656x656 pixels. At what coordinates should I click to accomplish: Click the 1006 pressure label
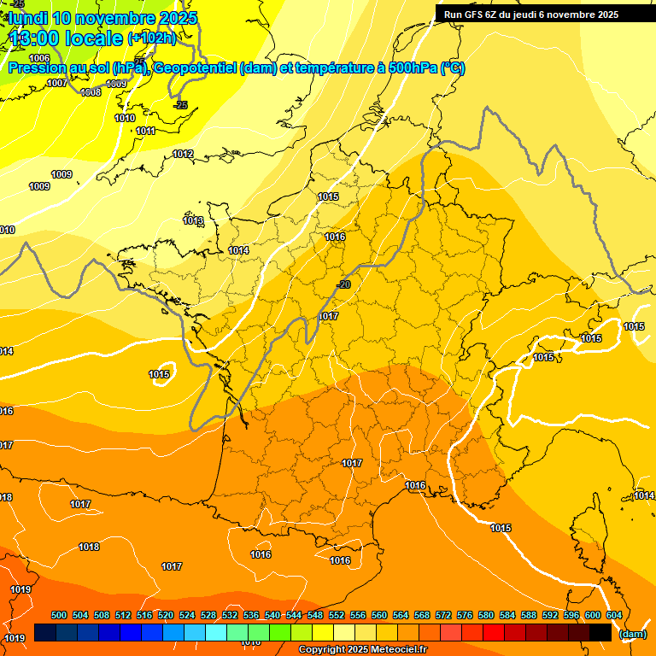click(39, 58)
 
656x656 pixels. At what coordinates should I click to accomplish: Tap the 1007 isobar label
click(57, 83)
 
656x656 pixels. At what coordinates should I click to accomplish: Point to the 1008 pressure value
click(91, 92)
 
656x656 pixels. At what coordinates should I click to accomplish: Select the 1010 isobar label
click(125, 118)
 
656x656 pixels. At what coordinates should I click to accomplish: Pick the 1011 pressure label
click(145, 131)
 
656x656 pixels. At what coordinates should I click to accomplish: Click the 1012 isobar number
click(183, 154)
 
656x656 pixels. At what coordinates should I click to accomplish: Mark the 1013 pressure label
click(193, 220)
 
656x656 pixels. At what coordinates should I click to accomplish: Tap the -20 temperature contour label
click(344, 284)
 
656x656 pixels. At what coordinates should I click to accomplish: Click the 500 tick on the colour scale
click(59, 615)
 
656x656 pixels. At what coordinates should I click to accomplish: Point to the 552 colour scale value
click(337, 615)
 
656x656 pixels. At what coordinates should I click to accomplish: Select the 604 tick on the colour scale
click(614, 615)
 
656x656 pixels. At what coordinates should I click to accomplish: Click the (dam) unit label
click(632, 634)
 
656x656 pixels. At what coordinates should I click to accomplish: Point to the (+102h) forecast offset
click(151, 38)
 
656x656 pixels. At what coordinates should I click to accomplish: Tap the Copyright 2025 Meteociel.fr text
click(361, 649)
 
